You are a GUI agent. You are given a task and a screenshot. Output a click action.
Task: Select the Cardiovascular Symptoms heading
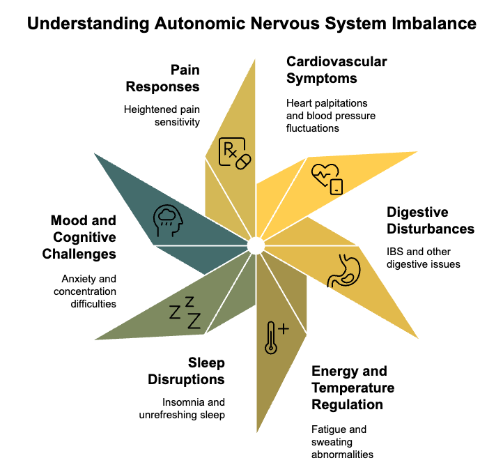[x=336, y=70]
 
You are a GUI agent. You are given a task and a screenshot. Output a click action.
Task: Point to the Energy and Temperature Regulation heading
[x=353, y=388]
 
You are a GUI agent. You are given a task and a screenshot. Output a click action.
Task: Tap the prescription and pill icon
[x=235, y=153]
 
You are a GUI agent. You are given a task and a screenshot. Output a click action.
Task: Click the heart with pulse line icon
[x=327, y=178]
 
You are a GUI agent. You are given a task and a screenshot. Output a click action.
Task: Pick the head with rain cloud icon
[x=168, y=221]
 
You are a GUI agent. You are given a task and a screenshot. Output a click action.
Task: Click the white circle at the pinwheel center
[x=255, y=244]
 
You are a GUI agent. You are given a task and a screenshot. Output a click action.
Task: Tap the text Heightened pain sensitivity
[x=162, y=116]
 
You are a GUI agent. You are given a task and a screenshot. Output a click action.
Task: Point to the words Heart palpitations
[x=331, y=103]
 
